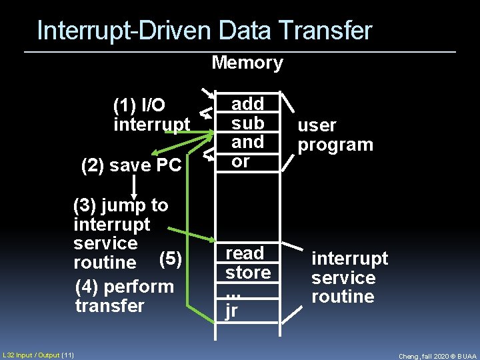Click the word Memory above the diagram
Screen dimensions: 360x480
(247, 63)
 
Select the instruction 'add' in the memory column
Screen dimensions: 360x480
(247, 103)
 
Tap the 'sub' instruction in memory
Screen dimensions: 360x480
(247, 123)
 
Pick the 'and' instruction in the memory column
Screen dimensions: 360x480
(247, 141)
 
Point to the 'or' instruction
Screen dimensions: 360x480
(241, 161)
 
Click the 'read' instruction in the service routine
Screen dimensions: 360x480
(245, 253)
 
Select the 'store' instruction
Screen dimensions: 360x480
(248, 272)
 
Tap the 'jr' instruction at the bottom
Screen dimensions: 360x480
(231, 311)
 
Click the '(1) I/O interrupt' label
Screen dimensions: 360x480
(152, 115)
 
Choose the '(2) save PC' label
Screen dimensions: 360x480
(131, 165)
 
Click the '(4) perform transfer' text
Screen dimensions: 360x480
(124, 296)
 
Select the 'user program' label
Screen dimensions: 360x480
(335, 135)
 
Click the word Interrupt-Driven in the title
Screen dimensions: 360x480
(125, 31)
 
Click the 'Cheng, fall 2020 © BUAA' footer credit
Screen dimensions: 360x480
(437, 356)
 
